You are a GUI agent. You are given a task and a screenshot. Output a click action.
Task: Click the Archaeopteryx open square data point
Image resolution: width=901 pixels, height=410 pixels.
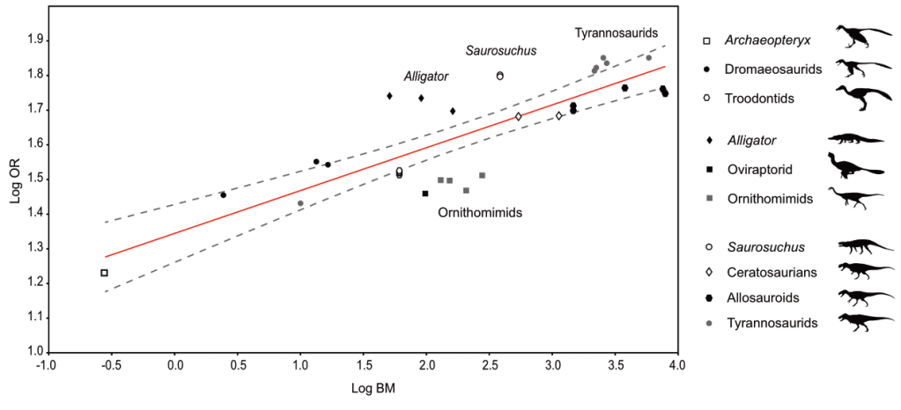tap(104, 273)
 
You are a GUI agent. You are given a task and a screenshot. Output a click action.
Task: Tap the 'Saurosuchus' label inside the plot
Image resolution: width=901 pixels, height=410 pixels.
tap(501, 51)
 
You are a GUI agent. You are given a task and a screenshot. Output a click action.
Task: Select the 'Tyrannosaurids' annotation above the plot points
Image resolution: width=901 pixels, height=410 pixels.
tap(617, 33)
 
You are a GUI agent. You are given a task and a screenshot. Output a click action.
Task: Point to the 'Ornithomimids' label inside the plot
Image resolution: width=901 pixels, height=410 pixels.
tap(480, 212)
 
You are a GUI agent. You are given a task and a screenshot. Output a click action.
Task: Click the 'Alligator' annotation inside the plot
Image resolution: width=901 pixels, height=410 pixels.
tap(426, 77)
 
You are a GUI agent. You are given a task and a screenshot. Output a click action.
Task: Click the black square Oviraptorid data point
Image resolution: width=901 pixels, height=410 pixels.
tap(425, 194)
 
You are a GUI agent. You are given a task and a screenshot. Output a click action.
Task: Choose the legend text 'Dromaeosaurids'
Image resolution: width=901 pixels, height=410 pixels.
tap(773, 69)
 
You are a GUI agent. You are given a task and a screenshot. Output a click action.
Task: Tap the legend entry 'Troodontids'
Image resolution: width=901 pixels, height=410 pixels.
tap(760, 98)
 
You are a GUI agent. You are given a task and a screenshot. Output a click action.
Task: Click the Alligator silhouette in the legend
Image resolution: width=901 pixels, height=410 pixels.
tap(854, 139)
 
